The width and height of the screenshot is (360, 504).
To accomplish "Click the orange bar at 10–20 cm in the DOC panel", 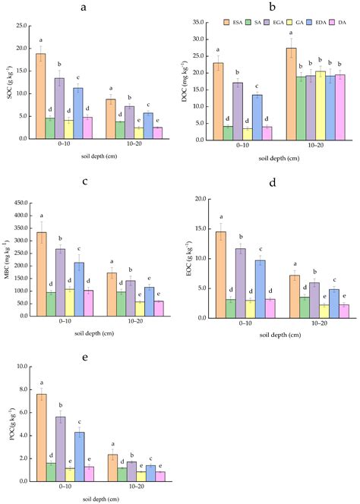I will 291,94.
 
